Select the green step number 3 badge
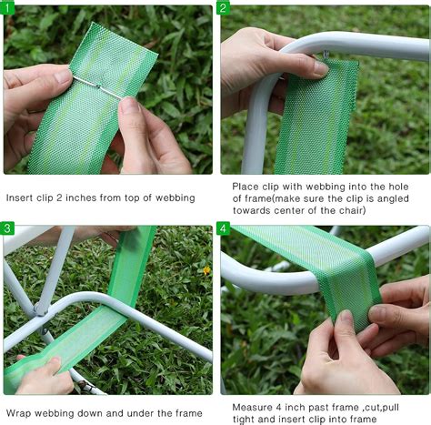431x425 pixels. pyautogui.click(x=8, y=228)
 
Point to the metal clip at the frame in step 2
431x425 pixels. pyautogui.click(x=325, y=57)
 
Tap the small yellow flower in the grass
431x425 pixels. pyautogui.click(x=206, y=270)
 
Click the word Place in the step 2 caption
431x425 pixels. pyautogui.click(x=246, y=186)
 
